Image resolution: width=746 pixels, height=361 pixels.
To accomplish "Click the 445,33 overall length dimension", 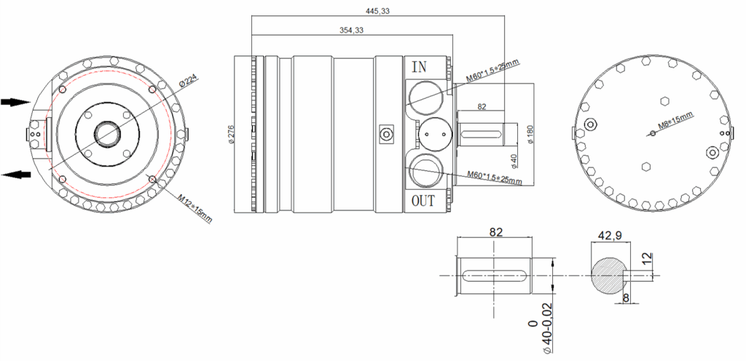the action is (378, 11).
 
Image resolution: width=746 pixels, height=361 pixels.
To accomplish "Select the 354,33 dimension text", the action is (352, 30).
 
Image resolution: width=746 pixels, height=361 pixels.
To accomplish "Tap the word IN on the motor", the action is (419, 67).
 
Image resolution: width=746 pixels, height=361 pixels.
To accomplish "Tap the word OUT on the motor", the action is (423, 201).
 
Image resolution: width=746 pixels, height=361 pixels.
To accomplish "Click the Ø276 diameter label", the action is (232, 134).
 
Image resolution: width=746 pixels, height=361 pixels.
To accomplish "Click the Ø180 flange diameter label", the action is (531, 134).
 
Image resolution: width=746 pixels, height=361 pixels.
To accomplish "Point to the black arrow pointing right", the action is (16, 102).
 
